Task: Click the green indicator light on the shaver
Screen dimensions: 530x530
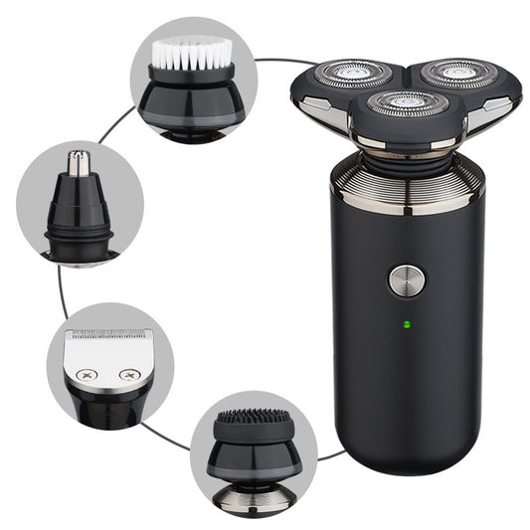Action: click(x=405, y=323)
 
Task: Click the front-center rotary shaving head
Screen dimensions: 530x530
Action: click(x=408, y=102)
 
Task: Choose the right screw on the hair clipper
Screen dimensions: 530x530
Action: click(x=128, y=375)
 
